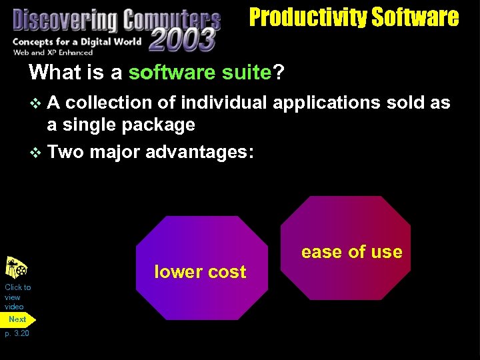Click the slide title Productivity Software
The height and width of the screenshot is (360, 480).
pos(354,17)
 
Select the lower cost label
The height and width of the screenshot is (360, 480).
pos(200,272)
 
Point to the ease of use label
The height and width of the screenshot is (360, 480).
pos(351,252)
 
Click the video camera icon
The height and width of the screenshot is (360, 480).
pos(16,268)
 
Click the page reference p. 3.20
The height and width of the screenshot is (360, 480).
pos(17,333)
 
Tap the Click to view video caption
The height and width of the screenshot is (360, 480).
pos(17,297)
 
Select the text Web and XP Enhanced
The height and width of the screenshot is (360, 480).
pos(53,52)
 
